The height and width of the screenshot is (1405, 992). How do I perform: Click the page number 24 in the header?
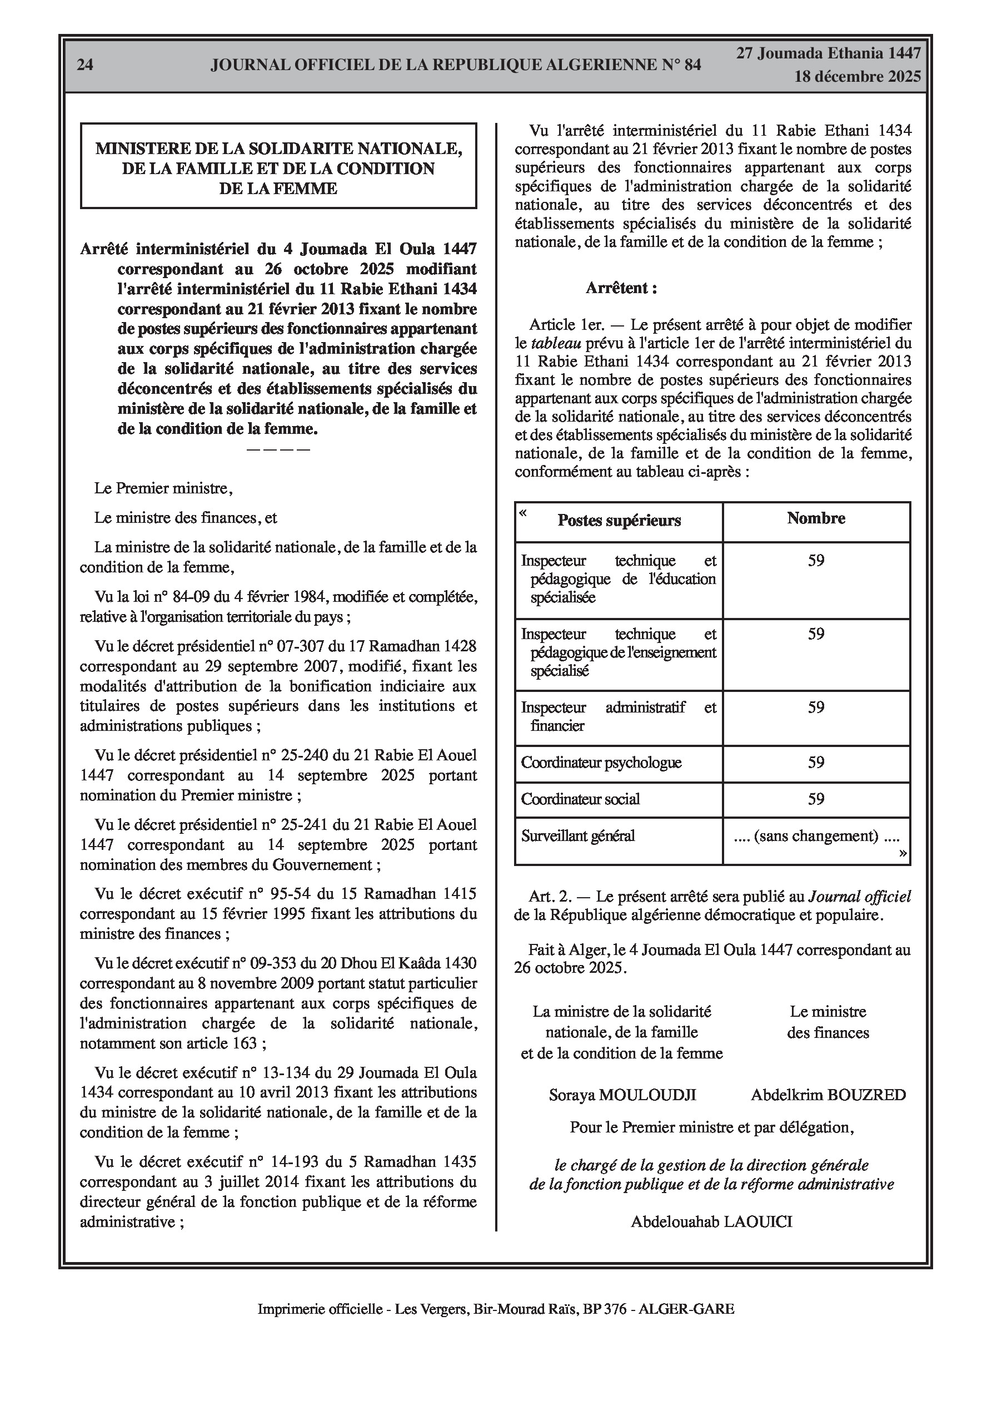(x=85, y=65)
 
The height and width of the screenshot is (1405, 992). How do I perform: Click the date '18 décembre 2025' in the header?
(x=858, y=77)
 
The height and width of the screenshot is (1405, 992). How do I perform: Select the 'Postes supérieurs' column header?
(x=619, y=521)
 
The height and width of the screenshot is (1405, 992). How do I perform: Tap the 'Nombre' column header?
(x=816, y=518)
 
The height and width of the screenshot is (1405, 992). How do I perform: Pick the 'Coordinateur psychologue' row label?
(x=601, y=763)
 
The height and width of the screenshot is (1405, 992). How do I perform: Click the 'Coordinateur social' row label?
(x=580, y=799)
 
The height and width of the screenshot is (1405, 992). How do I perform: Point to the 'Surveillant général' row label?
(x=578, y=836)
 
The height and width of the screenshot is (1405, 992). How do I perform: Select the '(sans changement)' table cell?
(x=816, y=836)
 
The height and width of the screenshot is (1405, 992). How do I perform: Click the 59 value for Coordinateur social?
(x=816, y=799)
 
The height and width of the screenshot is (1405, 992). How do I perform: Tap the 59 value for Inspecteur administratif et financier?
(x=816, y=708)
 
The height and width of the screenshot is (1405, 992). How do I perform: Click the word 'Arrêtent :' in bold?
(x=621, y=288)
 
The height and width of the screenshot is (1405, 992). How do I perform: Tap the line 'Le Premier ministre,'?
(x=163, y=488)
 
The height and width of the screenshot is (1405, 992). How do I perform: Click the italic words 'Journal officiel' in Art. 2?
(x=860, y=897)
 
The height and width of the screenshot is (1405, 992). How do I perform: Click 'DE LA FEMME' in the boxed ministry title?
(x=278, y=189)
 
